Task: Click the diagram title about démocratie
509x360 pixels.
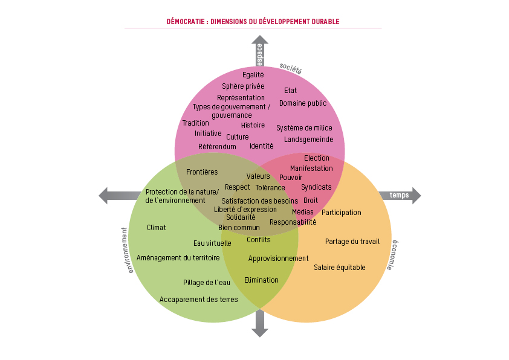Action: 253,22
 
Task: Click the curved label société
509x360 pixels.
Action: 290,69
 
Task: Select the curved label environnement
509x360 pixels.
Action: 128,250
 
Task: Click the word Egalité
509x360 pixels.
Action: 253,75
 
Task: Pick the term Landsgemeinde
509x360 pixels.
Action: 308,140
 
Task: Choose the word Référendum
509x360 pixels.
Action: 217,147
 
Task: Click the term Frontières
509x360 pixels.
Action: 202,172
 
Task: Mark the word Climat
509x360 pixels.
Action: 157,228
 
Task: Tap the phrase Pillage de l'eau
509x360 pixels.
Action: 207,283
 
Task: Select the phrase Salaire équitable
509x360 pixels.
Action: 339,267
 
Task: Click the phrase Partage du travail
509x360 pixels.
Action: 352,242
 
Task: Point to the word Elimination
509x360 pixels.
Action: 261,280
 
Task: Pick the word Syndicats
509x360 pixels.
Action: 316,187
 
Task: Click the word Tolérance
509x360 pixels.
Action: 270,188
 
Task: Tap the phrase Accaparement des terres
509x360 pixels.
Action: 198,300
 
